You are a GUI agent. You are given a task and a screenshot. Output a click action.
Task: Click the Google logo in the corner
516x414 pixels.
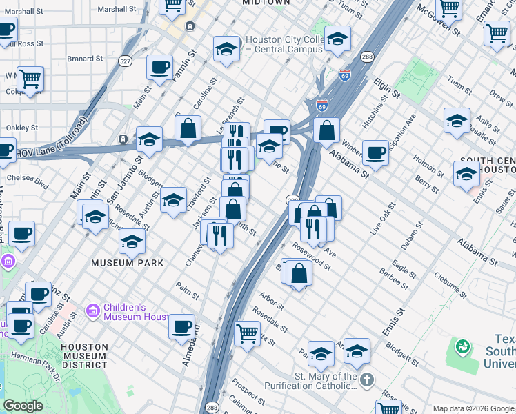23,406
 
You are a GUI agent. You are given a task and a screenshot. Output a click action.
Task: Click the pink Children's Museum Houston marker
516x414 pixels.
93,312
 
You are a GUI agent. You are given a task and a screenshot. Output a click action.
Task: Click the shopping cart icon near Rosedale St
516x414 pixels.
247,333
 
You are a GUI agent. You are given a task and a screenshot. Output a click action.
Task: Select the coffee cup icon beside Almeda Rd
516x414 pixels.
181,326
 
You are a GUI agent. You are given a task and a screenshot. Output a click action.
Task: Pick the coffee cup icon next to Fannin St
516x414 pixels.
160,68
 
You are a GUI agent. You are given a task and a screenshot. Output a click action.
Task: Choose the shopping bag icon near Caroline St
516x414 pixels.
188,128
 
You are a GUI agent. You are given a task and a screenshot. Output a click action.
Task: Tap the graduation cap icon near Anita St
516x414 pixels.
457,120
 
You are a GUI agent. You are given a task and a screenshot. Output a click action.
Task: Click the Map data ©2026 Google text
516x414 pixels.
473,408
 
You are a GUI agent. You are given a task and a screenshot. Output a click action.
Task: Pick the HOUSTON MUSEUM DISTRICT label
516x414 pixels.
83,356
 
